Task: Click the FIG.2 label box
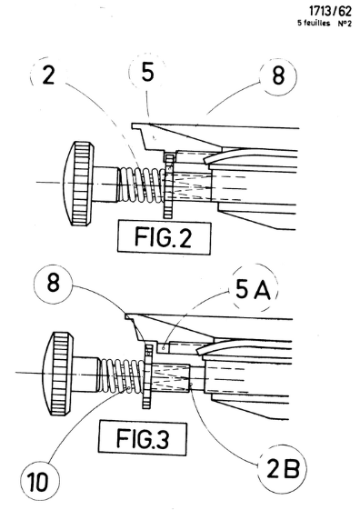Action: [165, 236]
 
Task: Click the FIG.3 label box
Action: [143, 438]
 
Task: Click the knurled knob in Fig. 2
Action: [80, 183]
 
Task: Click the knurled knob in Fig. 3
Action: [60, 373]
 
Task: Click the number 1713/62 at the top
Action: [330, 12]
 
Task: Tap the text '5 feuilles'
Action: [314, 23]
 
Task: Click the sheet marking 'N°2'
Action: [345, 24]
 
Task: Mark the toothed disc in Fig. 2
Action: [169, 186]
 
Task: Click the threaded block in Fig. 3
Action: [170, 378]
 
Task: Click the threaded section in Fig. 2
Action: [192, 186]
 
